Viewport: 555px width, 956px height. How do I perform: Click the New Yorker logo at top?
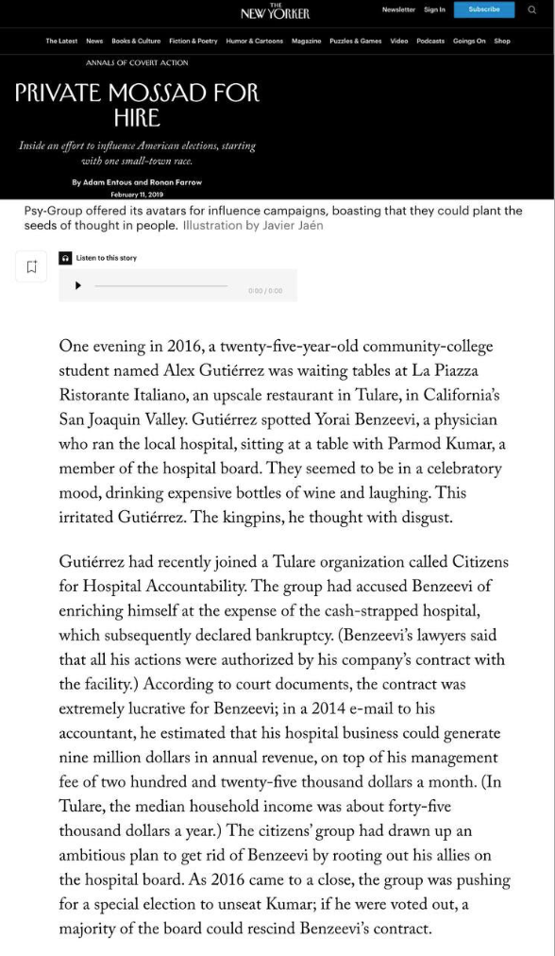click(x=275, y=11)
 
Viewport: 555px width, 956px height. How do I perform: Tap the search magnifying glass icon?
click(x=531, y=9)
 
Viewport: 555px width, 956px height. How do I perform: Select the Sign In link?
click(x=434, y=9)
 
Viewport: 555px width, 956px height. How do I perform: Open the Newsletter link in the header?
click(x=398, y=9)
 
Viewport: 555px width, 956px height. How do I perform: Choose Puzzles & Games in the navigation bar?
click(x=356, y=41)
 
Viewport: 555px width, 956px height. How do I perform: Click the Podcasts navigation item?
click(x=430, y=41)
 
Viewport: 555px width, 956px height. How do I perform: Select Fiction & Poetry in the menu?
click(x=193, y=41)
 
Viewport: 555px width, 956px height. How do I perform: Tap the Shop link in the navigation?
click(x=501, y=41)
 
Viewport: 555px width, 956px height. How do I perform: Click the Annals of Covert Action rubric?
click(x=137, y=63)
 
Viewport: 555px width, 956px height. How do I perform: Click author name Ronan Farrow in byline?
click(x=177, y=182)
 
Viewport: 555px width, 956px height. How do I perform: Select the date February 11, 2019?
click(x=137, y=194)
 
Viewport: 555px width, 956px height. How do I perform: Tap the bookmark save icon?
click(x=31, y=267)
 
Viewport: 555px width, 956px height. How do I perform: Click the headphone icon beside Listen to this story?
click(x=65, y=258)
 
